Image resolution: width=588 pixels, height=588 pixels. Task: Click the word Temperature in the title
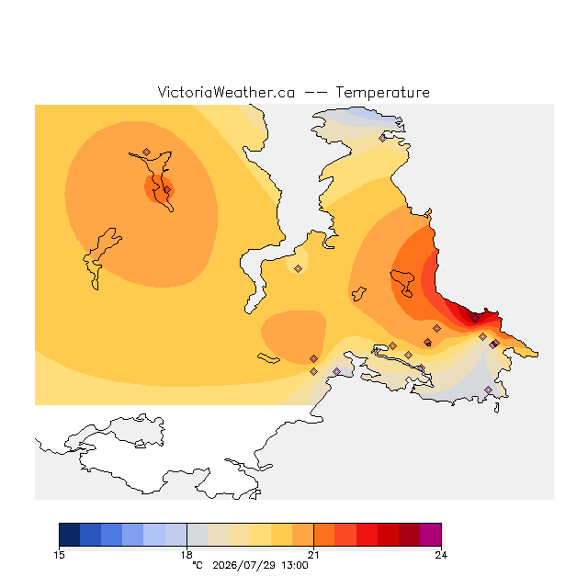pos(382,93)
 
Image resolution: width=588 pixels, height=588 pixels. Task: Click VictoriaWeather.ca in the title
pos(226,92)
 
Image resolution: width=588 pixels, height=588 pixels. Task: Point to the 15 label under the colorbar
pos(59,555)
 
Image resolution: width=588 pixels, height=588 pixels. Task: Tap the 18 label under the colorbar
pos(187,555)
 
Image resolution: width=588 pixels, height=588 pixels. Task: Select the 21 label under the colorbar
pos(313,555)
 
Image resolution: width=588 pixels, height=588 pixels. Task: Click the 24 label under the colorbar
pos(441,555)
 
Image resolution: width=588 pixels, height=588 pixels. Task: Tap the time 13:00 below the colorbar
pos(295,565)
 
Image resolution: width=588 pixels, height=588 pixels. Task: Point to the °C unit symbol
pos(198,565)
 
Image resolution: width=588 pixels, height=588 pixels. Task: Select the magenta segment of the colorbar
pos(431,535)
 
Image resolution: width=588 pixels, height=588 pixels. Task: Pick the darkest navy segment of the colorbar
pos(70,535)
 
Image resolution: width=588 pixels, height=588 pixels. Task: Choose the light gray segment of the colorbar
pos(198,535)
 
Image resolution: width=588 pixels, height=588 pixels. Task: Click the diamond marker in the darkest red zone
pos(475,319)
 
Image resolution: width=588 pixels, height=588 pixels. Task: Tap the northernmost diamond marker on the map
pos(382,139)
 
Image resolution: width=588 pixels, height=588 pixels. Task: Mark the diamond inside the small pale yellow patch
pos(298,268)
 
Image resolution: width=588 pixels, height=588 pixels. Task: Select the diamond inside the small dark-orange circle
pos(167,190)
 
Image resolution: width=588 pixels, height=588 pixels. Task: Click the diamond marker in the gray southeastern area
pos(488,390)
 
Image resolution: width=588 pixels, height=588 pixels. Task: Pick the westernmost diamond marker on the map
pos(147,152)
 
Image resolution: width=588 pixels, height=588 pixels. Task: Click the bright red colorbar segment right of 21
pos(367,535)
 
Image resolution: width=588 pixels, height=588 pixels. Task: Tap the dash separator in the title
pos(315,93)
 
